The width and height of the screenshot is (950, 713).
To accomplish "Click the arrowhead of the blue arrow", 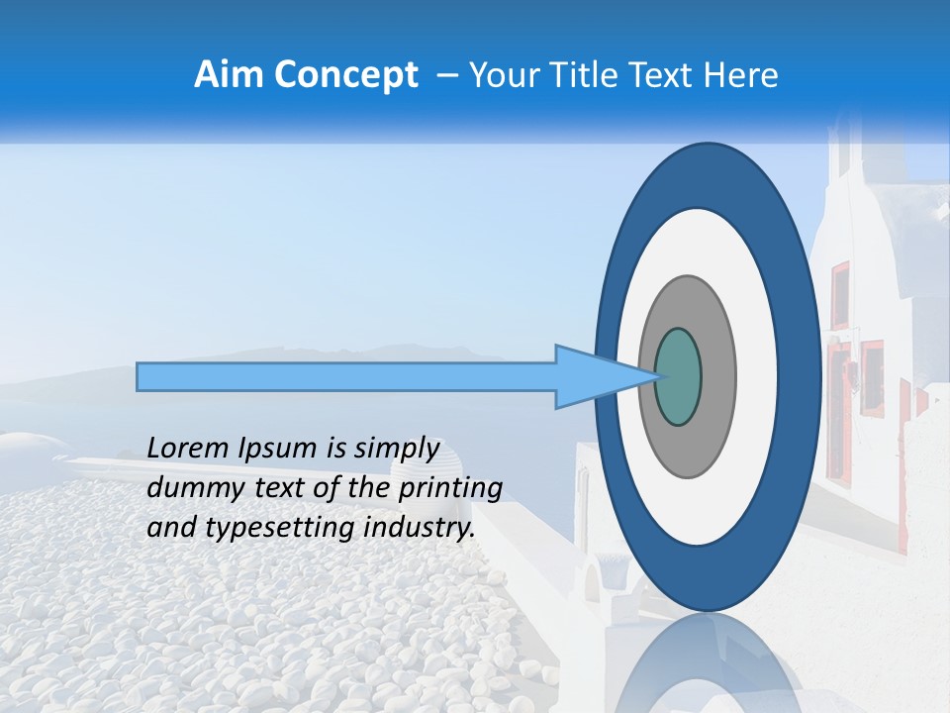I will pos(594,377).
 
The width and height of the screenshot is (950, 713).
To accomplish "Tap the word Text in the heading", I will pos(662,75).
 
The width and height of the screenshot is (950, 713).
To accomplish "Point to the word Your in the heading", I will pos(504,75).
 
